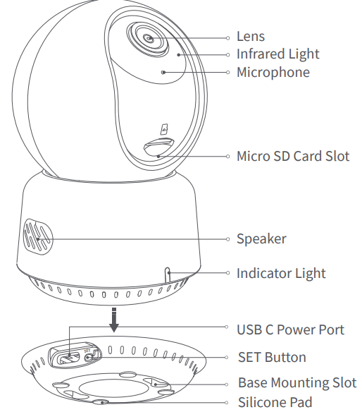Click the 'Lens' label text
click(250, 37)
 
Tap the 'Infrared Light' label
click(277, 54)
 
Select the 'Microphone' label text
click(273, 72)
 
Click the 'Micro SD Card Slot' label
click(292, 156)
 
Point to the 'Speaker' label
click(261, 239)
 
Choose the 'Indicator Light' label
click(281, 273)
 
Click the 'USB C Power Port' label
click(290, 329)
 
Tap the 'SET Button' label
click(272, 358)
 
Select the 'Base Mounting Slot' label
click(297, 384)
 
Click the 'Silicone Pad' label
click(275, 403)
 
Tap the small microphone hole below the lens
click(163, 72)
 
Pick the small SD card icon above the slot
click(164, 129)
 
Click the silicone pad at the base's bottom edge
click(104, 402)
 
